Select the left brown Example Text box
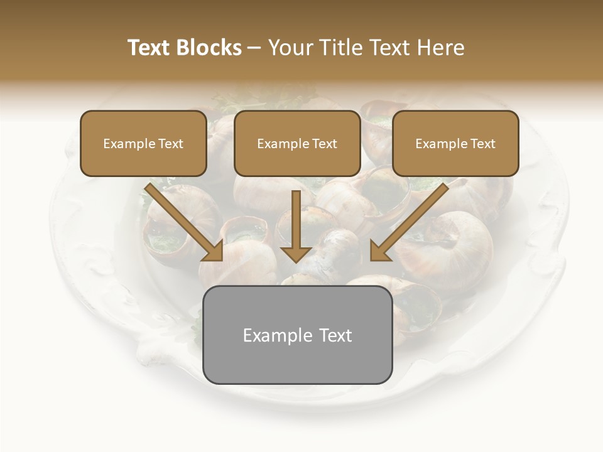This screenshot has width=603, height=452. click(x=143, y=144)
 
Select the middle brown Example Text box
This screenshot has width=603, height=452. click(x=297, y=144)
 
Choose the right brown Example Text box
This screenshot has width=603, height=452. click(x=455, y=144)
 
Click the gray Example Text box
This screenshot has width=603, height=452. click(x=298, y=335)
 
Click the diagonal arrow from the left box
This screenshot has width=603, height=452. click(x=182, y=220)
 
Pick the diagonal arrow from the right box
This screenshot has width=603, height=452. click(x=411, y=220)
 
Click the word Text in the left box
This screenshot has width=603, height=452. click(x=171, y=144)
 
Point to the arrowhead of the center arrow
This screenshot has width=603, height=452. click(x=296, y=254)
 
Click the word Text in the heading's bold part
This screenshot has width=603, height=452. click(x=150, y=48)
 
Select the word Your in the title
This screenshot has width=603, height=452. click(x=289, y=48)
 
